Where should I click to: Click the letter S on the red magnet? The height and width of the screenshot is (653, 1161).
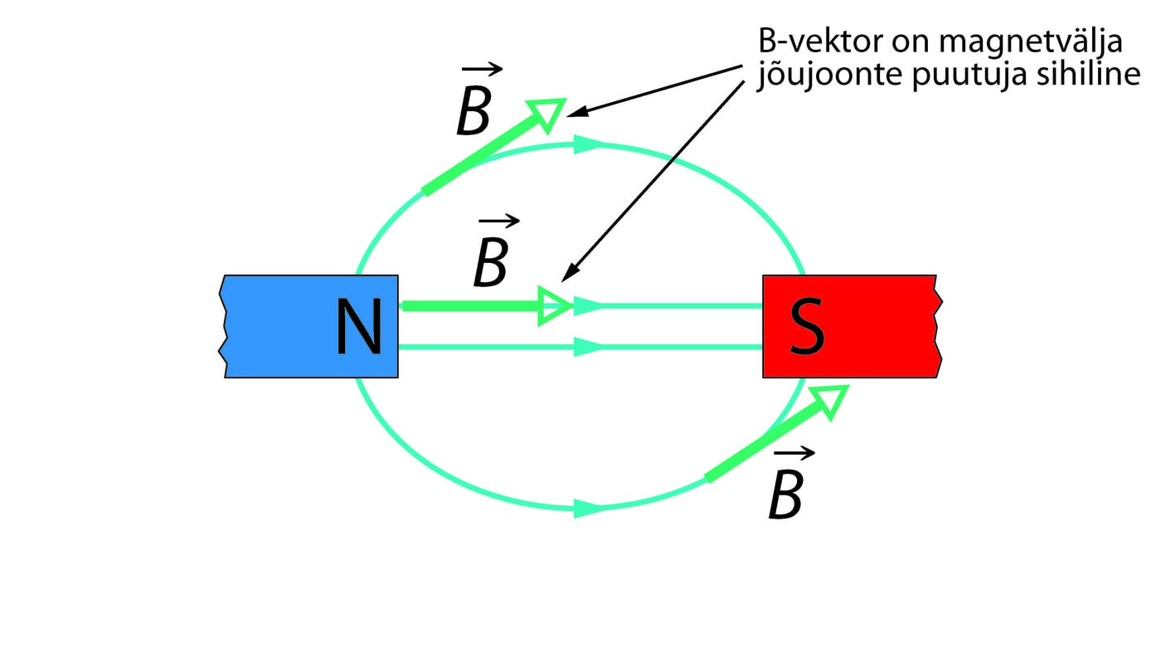[x=806, y=327]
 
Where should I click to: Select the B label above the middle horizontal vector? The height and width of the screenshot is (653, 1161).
[x=490, y=264]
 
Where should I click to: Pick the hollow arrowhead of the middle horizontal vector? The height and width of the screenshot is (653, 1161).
[x=554, y=305]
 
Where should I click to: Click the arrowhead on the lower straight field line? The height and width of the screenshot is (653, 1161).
[x=587, y=347]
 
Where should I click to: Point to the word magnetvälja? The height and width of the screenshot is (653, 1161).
[x=1036, y=41]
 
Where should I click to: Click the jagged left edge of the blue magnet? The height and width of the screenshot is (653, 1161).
[x=222, y=327]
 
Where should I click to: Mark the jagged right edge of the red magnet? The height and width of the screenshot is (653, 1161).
[x=938, y=327]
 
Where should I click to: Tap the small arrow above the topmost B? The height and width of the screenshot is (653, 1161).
[x=483, y=71]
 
